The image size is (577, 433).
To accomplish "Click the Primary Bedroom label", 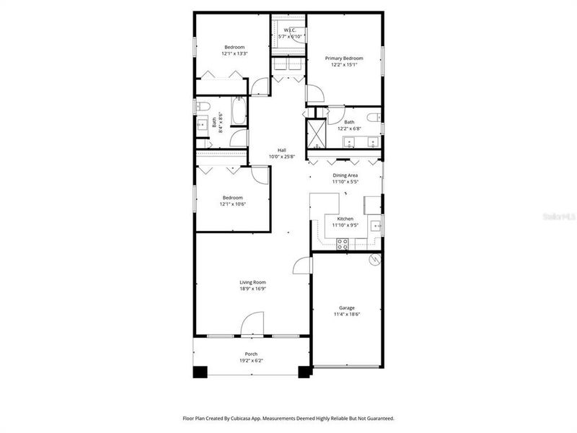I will [343, 58].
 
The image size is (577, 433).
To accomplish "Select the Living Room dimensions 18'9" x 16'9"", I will [253, 289].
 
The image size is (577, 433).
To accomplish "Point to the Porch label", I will [251, 354].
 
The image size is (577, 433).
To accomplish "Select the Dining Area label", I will [345, 175].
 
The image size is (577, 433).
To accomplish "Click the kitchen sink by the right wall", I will [376, 227].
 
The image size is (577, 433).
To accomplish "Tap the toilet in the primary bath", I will [373, 116].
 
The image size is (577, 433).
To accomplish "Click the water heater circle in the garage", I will [374, 259].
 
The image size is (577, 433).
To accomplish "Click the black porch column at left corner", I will [200, 372].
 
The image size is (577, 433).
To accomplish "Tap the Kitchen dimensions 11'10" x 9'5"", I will [345, 225].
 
